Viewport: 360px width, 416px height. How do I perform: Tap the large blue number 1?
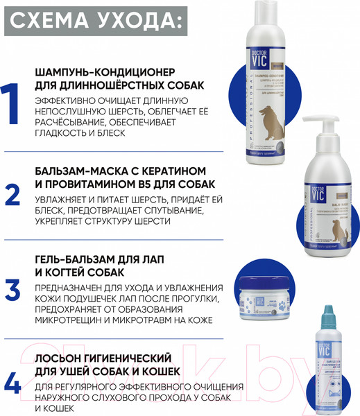pos(12,103)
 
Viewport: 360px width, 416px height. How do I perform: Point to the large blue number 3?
pos(12,288)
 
